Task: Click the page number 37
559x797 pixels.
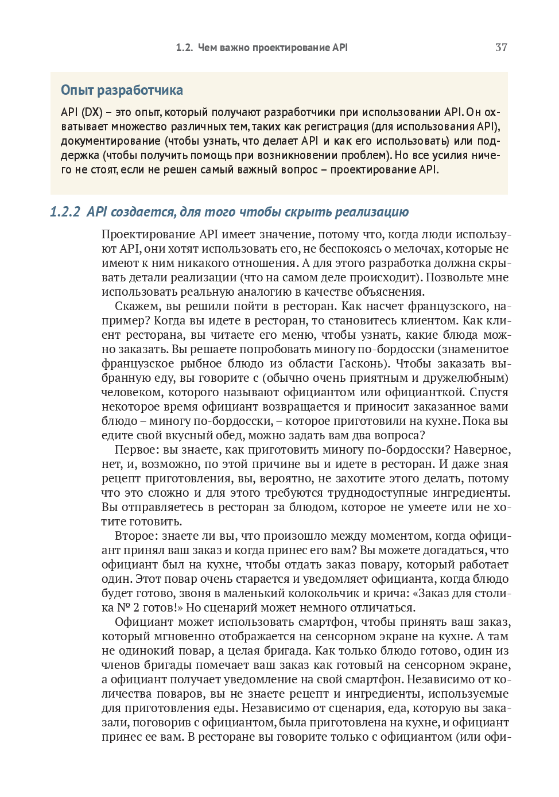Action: [x=501, y=48]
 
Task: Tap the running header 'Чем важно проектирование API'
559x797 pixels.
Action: [x=273, y=48]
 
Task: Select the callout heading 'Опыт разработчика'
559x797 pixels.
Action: [x=122, y=90]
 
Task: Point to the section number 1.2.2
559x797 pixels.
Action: [x=65, y=212]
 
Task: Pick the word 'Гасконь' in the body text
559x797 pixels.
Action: [x=359, y=363]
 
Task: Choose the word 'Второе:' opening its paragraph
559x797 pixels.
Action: [x=136, y=536]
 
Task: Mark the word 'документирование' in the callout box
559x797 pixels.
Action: [x=111, y=141]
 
